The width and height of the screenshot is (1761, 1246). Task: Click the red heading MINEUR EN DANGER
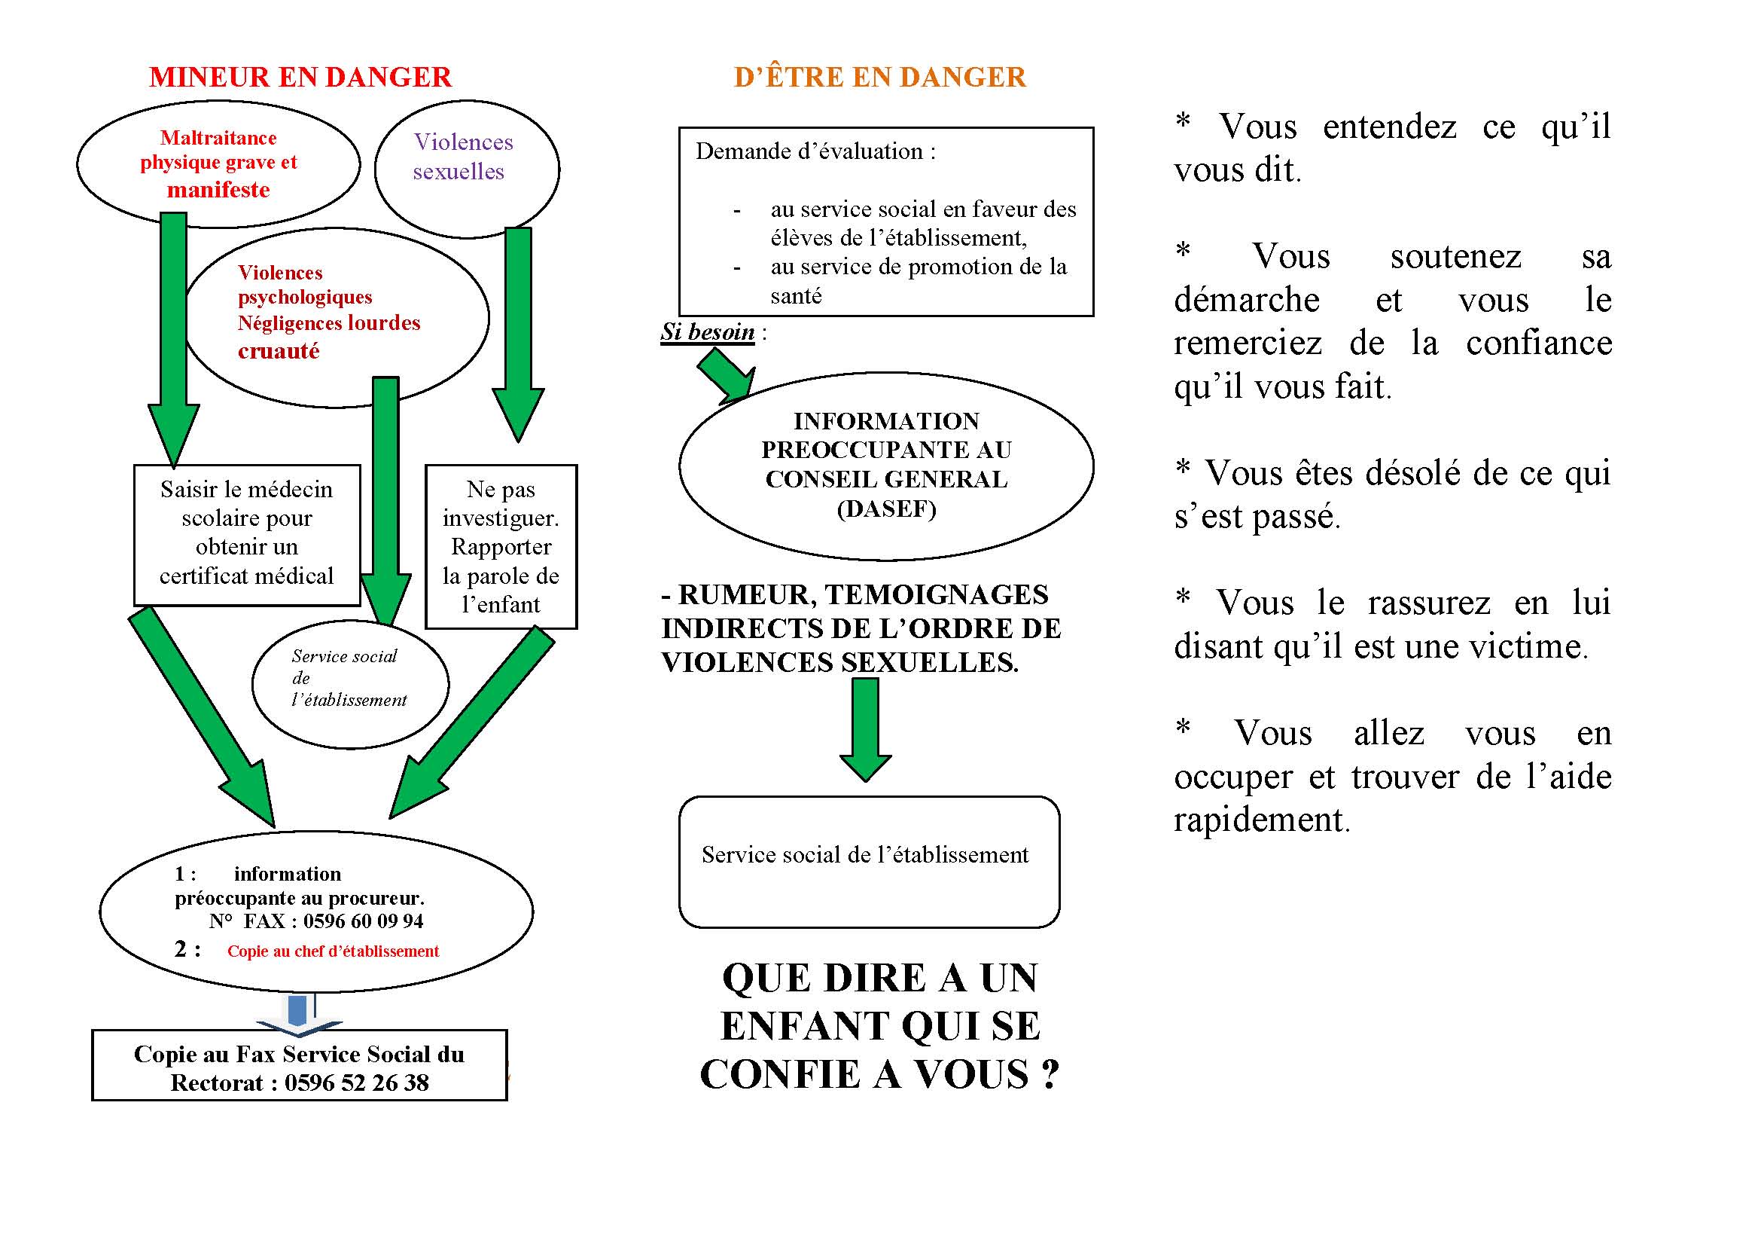coord(300,78)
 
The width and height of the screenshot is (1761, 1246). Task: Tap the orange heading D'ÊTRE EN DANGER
coord(879,78)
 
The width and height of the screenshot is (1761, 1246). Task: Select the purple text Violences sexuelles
coord(462,157)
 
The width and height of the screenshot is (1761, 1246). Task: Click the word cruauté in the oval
coord(279,351)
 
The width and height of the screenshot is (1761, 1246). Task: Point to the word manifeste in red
coord(218,190)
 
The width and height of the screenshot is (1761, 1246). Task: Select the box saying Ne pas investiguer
coord(501,545)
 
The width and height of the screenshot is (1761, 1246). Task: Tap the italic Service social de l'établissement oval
coord(349,678)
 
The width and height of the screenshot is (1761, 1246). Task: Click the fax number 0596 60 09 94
coord(363,921)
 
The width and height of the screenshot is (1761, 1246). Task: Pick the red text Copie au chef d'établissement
coord(333,951)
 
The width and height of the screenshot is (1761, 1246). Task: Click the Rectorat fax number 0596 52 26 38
coord(357,1083)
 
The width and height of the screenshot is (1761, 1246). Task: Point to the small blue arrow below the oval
coord(298,1012)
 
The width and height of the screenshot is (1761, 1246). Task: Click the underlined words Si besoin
coord(707,332)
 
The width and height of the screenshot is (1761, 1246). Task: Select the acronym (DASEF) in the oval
coord(886,509)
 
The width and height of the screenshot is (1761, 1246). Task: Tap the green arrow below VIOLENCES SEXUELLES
coord(865,729)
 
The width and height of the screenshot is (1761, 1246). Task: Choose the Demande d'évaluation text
coord(815,152)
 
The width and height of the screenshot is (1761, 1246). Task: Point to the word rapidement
coord(1261,820)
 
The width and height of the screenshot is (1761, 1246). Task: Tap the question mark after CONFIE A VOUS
coord(1050,1074)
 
